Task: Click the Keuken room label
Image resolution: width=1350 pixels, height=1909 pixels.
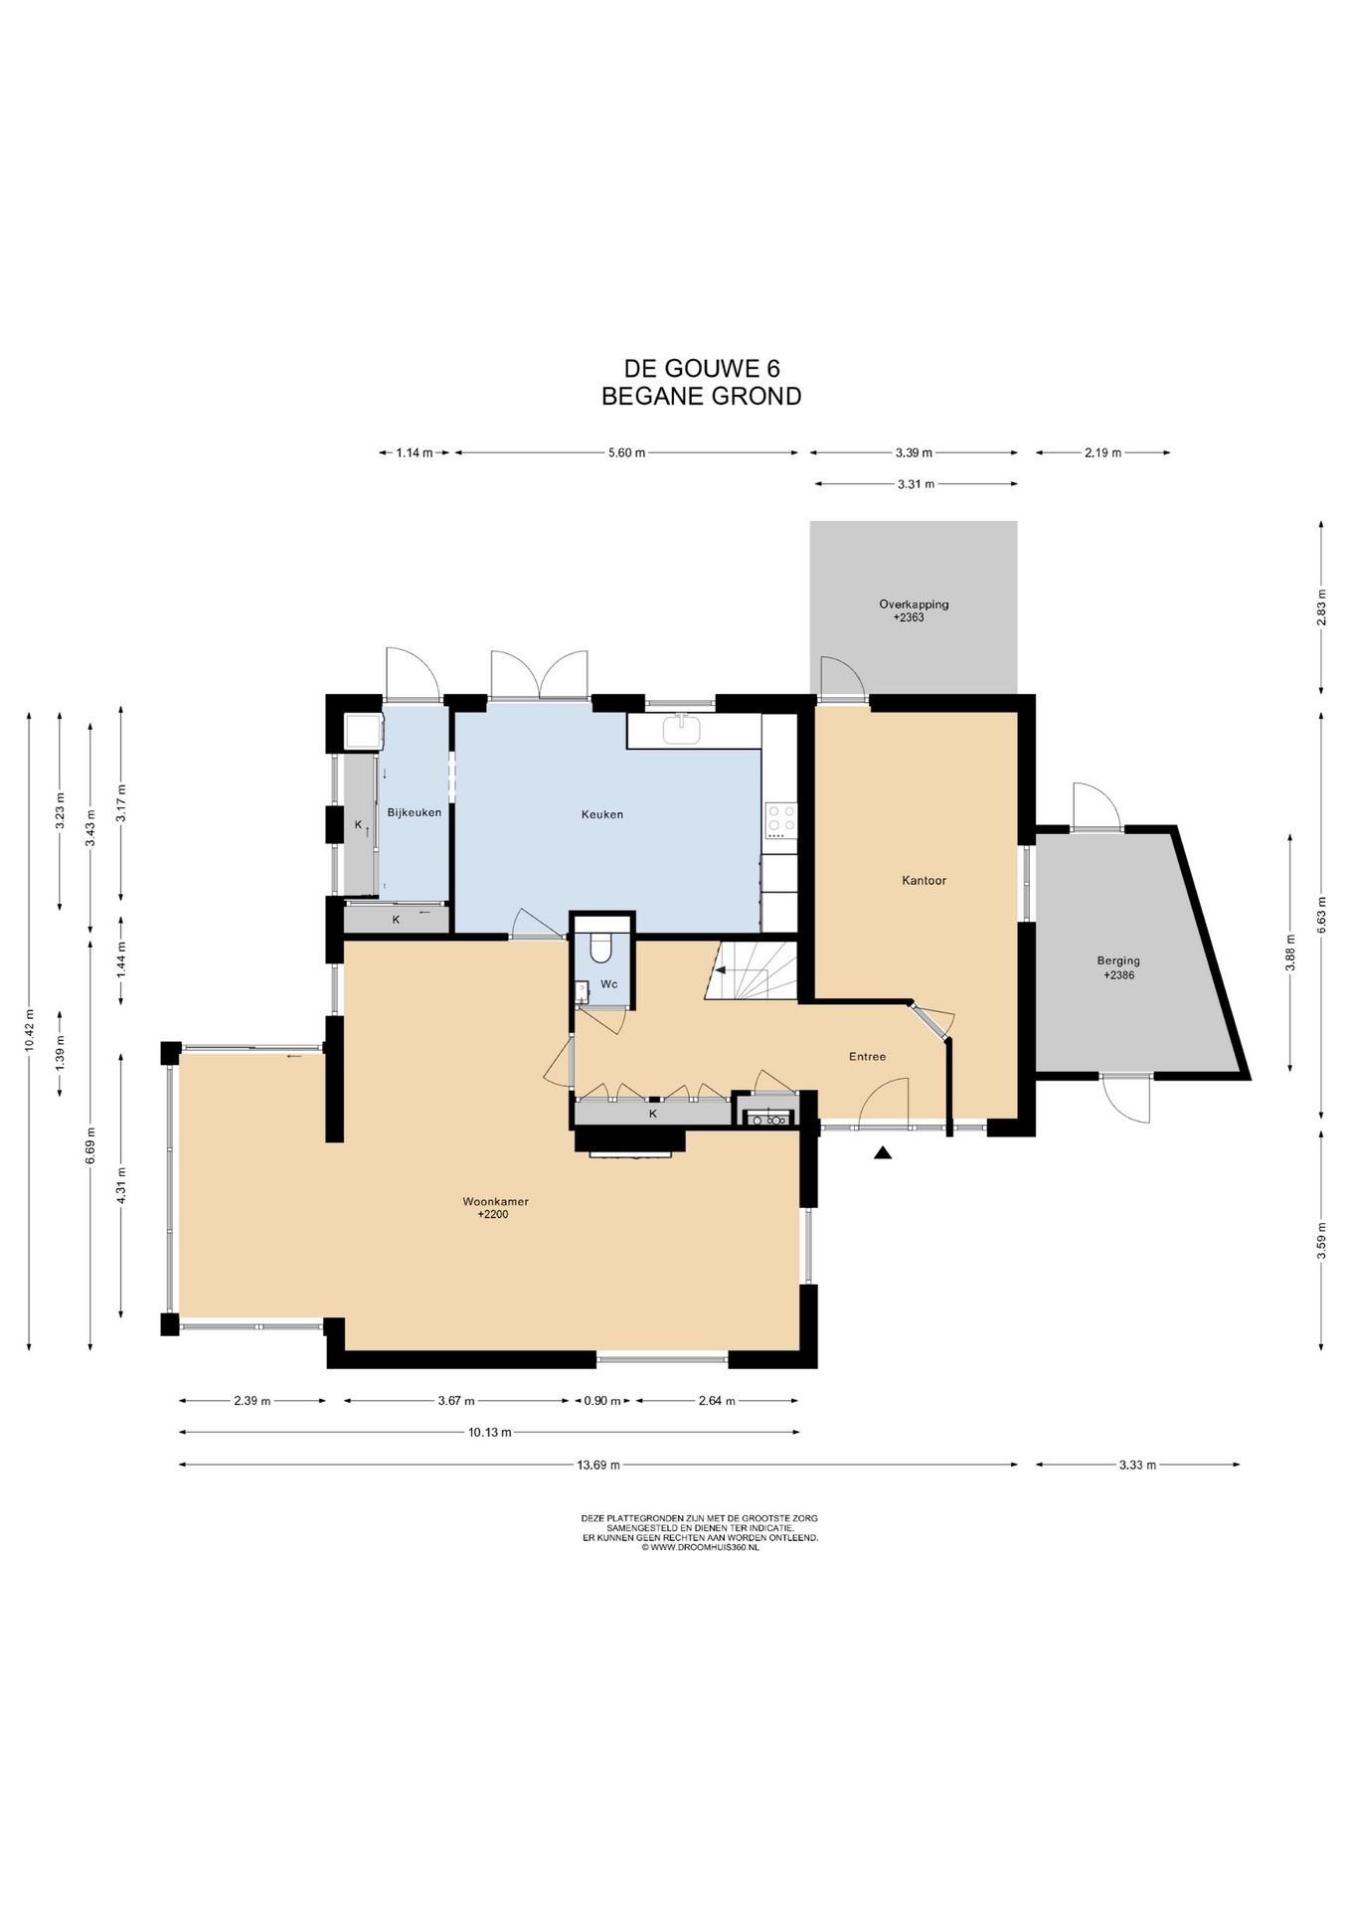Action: click(x=602, y=814)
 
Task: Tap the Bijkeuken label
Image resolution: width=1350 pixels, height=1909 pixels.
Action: click(x=415, y=812)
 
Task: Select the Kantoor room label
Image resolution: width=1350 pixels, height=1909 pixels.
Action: click(x=924, y=880)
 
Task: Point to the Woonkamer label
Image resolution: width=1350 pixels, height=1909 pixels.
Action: click(x=495, y=1201)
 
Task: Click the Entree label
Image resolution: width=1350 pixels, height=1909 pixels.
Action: click(x=867, y=1056)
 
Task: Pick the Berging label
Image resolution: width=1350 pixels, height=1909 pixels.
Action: click(x=1118, y=960)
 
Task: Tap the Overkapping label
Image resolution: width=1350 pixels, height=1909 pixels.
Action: click(x=914, y=604)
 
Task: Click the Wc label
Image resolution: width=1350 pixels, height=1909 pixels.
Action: click(x=609, y=984)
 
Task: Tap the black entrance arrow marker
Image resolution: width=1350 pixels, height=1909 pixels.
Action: click(x=883, y=1153)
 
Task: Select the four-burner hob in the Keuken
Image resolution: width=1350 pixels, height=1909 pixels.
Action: click(x=780, y=821)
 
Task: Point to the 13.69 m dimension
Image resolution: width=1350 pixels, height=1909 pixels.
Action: click(x=598, y=1464)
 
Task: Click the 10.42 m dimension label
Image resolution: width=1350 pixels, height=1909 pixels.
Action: click(x=29, y=1029)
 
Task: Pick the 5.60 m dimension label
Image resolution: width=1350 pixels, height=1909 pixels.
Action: click(x=626, y=452)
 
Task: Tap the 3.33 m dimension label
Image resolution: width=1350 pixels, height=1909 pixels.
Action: click(x=1137, y=1464)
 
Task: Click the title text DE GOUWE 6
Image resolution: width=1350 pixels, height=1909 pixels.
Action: click(x=702, y=369)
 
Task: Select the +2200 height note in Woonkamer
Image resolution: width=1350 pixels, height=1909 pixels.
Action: click(x=493, y=1214)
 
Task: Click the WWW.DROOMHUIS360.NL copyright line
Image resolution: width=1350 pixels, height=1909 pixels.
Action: click(x=701, y=1547)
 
